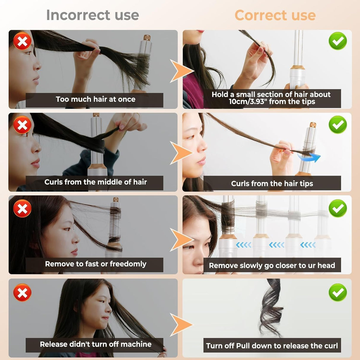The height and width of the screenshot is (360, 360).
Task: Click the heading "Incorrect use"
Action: pos(93,15)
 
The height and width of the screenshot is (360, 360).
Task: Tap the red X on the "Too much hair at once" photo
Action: pos(22,41)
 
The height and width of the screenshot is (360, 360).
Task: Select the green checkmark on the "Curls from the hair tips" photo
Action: pos(337,125)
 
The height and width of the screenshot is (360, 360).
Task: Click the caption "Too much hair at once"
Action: pos(95,99)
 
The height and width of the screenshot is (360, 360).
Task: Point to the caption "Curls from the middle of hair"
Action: pos(95,182)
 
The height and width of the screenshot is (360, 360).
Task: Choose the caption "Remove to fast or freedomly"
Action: pos(95,264)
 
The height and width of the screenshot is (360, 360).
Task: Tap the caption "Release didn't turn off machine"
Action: pos(95,344)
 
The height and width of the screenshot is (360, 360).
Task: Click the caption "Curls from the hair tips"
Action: pos(272,184)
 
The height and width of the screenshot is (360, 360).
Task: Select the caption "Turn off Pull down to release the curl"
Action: pos(272,346)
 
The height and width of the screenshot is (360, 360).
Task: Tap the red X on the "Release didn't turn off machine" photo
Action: pos(22,293)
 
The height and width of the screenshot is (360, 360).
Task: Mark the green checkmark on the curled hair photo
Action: pos(337,292)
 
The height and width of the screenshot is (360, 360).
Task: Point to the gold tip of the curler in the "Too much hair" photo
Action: pos(147,38)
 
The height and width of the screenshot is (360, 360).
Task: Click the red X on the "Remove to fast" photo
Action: pos(22,208)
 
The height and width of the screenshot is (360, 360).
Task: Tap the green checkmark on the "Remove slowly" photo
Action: pos(337,208)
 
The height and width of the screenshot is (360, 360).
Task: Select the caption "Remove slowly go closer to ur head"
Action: pos(272,265)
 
